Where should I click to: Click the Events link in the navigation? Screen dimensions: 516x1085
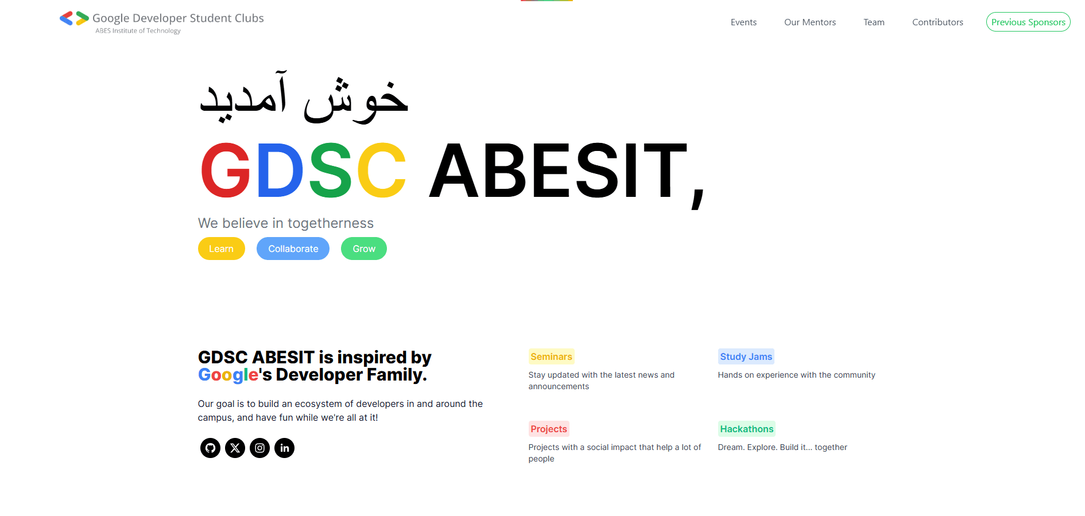pos(743,22)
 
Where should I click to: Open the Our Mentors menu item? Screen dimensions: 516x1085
pos(810,22)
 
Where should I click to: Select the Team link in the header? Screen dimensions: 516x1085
pos(874,22)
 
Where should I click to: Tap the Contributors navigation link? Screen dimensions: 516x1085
pos(937,22)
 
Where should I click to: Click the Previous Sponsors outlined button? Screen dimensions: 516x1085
pos(1028,22)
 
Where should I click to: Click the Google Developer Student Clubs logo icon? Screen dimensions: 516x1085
pos(74,18)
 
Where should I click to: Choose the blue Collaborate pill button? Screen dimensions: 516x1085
pos(293,249)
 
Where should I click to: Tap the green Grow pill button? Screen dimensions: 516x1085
pos(364,249)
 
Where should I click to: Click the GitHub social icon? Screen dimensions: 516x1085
pos(210,448)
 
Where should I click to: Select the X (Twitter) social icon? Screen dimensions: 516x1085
pos(235,448)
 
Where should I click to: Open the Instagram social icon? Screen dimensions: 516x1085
pos(259,448)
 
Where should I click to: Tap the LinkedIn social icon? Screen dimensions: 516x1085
pos(284,448)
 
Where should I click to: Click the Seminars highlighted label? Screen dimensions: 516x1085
pos(551,356)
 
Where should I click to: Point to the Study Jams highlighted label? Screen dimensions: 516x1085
pos(746,356)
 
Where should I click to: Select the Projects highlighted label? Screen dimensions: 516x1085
pos(549,429)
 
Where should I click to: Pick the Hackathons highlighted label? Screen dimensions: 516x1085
pos(746,429)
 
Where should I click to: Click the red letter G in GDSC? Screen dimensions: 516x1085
pos(226,171)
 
